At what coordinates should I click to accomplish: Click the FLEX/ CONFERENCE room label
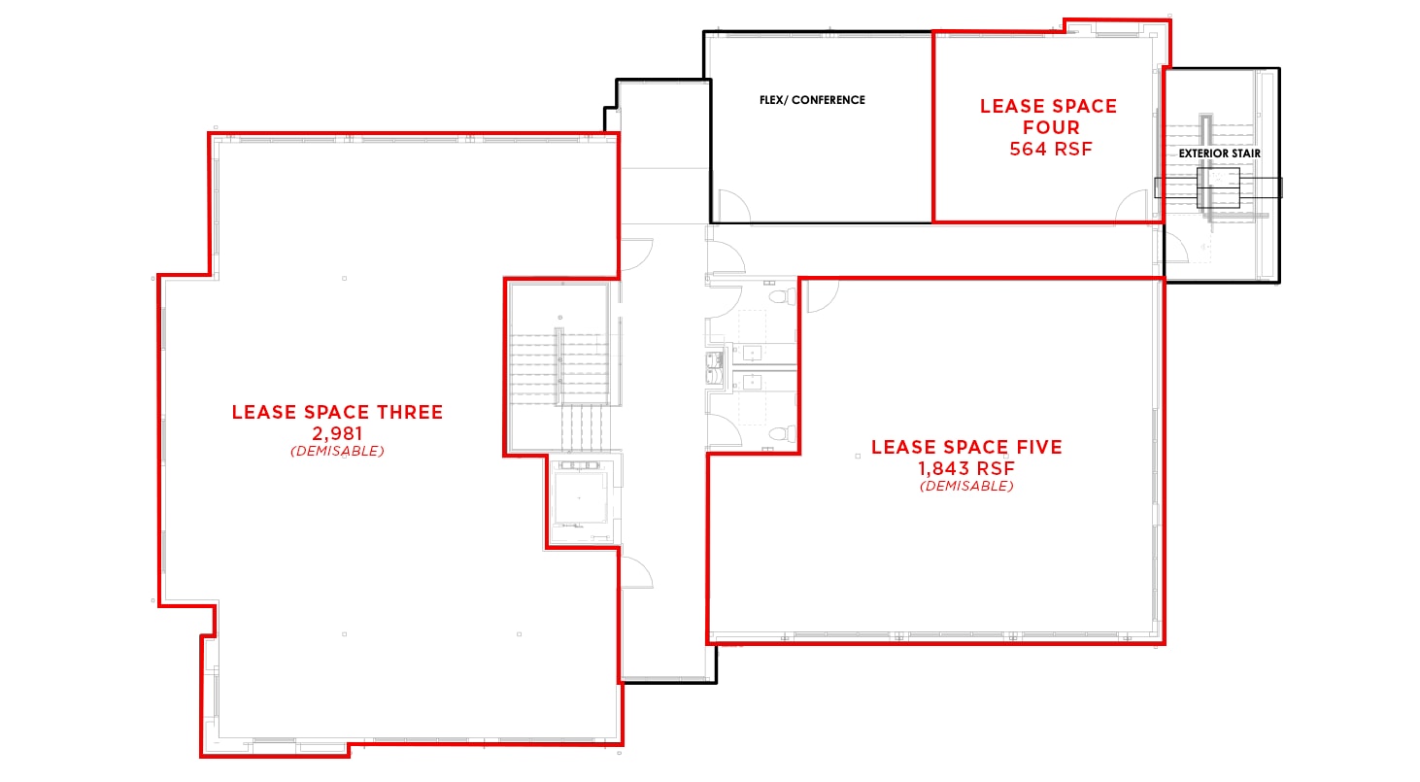(811, 100)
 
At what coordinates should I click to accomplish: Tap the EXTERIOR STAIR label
(1220, 153)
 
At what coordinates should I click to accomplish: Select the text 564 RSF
(1050, 149)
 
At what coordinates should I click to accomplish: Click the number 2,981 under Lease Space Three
(336, 433)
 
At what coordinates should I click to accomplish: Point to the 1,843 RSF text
(966, 468)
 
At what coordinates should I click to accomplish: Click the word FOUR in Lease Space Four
(1050, 127)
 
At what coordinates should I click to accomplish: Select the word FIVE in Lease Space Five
(1033, 448)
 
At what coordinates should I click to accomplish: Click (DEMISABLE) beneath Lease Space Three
(336, 452)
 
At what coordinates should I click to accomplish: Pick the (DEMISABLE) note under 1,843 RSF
(966, 486)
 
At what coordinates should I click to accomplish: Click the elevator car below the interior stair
(579, 499)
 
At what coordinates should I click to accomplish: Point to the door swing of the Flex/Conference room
(732, 205)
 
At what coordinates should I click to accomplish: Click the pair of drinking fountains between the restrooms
(713, 369)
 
